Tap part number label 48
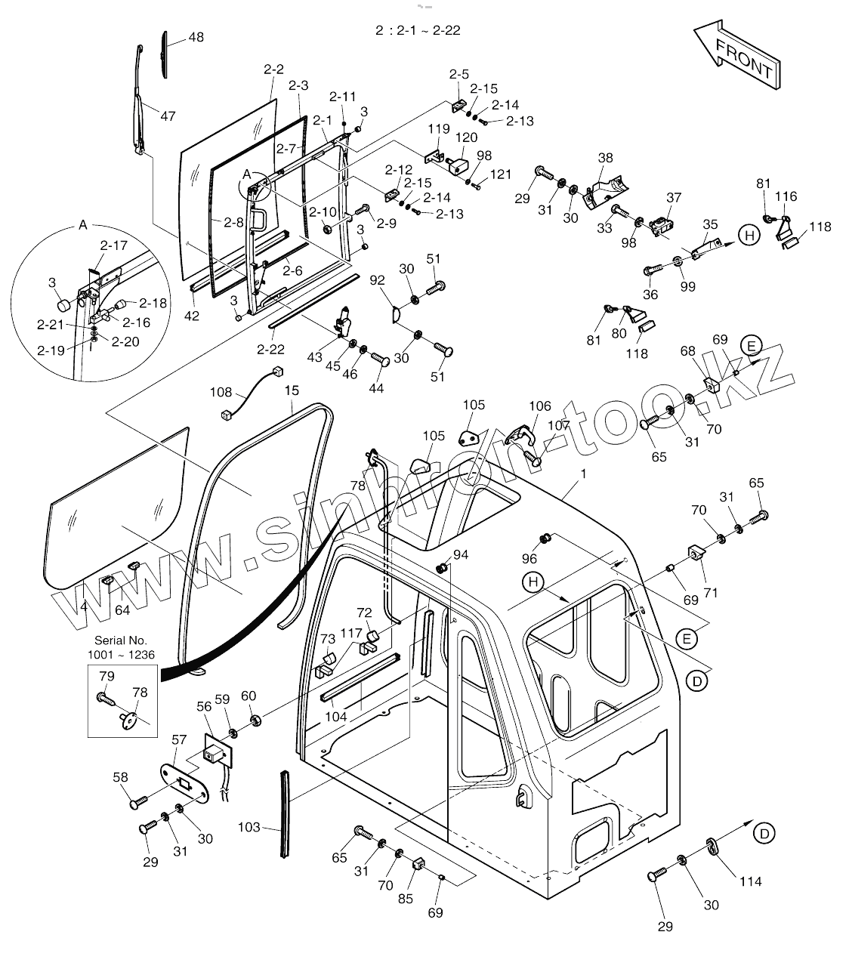(196, 37)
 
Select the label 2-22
(270, 349)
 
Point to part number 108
(221, 392)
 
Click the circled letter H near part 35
(749, 236)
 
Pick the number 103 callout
(249, 828)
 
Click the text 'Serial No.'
(121, 640)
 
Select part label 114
(750, 881)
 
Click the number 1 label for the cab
(583, 474)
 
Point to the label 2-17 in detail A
(114, 245)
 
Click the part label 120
(466, 137)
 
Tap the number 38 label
(606, 158)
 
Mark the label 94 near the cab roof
(461, 555)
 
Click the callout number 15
(292, 390)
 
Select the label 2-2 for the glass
(273, 69)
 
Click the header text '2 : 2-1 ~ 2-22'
(418, 31)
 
